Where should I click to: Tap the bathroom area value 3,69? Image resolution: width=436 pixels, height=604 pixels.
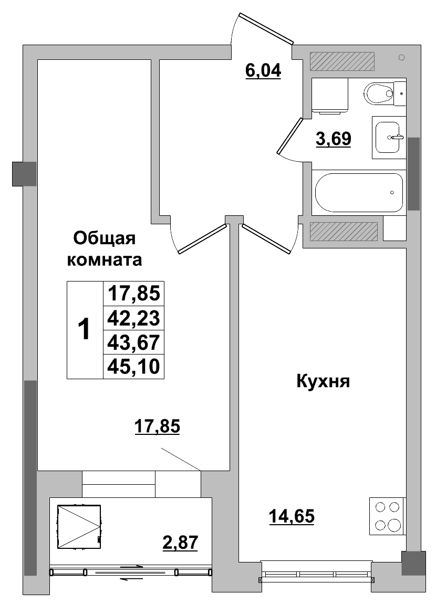point(333,139)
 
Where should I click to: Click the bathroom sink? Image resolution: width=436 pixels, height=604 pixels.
point(389,137)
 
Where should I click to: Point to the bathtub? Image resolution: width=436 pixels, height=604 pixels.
point(359,192)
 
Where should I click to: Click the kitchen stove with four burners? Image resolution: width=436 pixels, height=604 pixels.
point(387,516)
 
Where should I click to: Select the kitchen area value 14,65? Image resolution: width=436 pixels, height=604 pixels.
point(292,517)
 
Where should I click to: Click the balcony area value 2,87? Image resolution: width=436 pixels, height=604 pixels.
point(180,541)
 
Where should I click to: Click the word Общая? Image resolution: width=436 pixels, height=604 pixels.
point(105,238)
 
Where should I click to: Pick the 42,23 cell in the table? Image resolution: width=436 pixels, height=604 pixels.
point(133,318)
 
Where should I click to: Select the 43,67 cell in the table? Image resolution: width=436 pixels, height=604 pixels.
point(133,342)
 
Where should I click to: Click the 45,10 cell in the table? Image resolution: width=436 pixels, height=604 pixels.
point(133,366)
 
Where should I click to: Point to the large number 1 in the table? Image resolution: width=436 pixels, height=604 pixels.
point(84,330)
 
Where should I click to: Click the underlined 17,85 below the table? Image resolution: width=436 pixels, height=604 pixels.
point(158,427)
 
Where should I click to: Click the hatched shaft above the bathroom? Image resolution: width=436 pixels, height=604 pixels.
point(342,61)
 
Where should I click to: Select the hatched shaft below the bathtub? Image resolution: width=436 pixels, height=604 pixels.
point(344,232)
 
